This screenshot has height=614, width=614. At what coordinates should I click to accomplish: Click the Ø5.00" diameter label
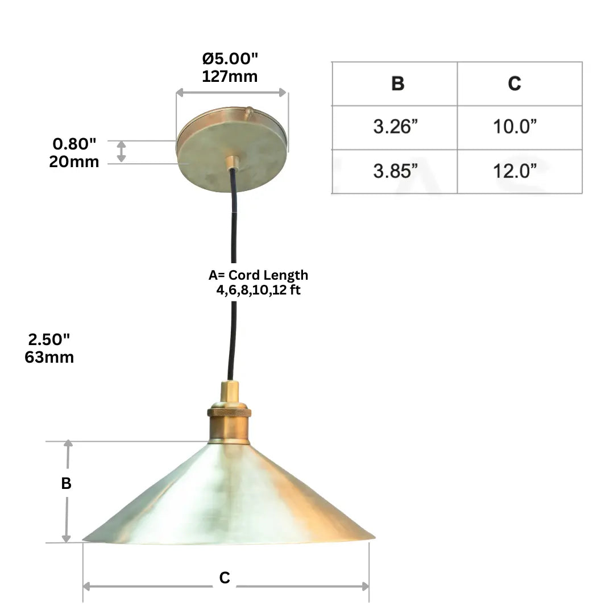(x=230, y=59)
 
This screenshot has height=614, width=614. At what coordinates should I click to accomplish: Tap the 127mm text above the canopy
(x=230, y=76)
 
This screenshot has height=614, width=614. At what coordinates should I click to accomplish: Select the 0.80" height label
(x=74, y=144)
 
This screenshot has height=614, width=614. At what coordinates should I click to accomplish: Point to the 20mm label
(x=74, y=161)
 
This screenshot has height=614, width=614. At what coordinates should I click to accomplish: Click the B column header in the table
(x=397, y=84)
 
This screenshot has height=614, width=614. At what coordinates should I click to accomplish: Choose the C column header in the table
(x=514, y=84)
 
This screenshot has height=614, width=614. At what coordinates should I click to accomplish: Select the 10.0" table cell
(x=515, y=127)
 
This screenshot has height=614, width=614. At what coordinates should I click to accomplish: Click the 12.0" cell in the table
(x=515, y=171)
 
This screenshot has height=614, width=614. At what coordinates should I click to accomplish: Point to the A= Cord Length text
(x=258, y=275)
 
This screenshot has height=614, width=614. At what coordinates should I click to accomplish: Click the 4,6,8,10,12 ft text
(x=258, y=289)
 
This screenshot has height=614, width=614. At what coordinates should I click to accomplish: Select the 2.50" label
(x=49, y=339)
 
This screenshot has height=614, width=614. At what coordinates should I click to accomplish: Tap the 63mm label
(x=49, y=357)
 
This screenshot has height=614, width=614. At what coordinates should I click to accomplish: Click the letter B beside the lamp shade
(x=67, y=483)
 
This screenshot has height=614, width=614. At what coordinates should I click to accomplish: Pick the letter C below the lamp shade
(x=225, y=578)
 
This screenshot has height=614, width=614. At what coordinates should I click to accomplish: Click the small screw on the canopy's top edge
(x=248, y=112)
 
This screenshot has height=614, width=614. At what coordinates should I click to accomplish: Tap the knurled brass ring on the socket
(x=229, y=412)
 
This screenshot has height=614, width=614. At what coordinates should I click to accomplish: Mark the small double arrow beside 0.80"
(x=122, y=152)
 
